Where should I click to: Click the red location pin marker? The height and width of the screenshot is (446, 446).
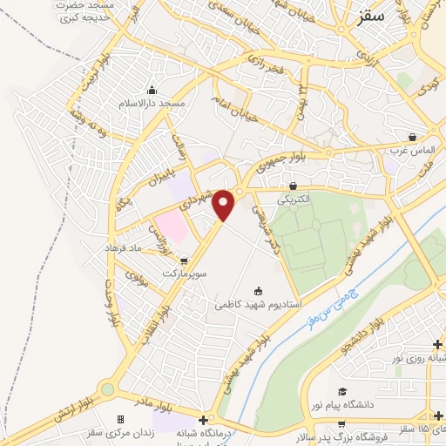pos(225,205)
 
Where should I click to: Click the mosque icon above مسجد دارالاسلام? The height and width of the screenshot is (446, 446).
pos(152,91)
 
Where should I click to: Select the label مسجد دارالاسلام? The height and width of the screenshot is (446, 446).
pos(153,103)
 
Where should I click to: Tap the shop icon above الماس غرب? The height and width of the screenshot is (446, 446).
pos(412,138)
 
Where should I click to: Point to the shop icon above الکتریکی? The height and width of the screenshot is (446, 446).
pos(293,186)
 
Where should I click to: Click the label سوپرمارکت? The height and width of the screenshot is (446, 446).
pos(184,273)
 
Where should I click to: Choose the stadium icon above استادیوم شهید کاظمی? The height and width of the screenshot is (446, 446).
pos(258,291)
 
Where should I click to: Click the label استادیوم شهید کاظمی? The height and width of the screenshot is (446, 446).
pos(258,305)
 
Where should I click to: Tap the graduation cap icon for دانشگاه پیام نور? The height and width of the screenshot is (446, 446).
pos(342,392)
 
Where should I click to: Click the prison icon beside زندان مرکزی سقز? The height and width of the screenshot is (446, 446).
pos(120,421)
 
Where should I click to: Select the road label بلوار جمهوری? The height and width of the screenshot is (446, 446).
pos(281,160)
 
